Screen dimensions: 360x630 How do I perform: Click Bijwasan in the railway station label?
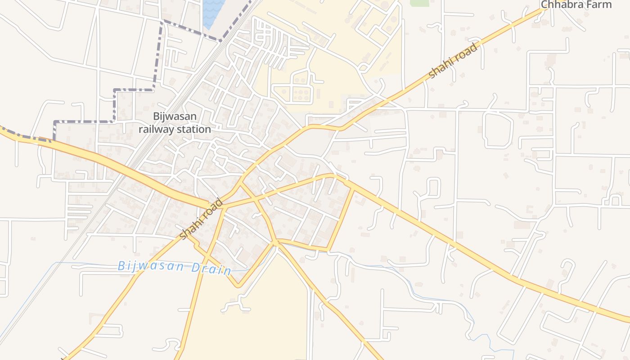[175, 117]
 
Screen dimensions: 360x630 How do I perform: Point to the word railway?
[156, 130]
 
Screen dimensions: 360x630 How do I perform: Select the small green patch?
[419, 3]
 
